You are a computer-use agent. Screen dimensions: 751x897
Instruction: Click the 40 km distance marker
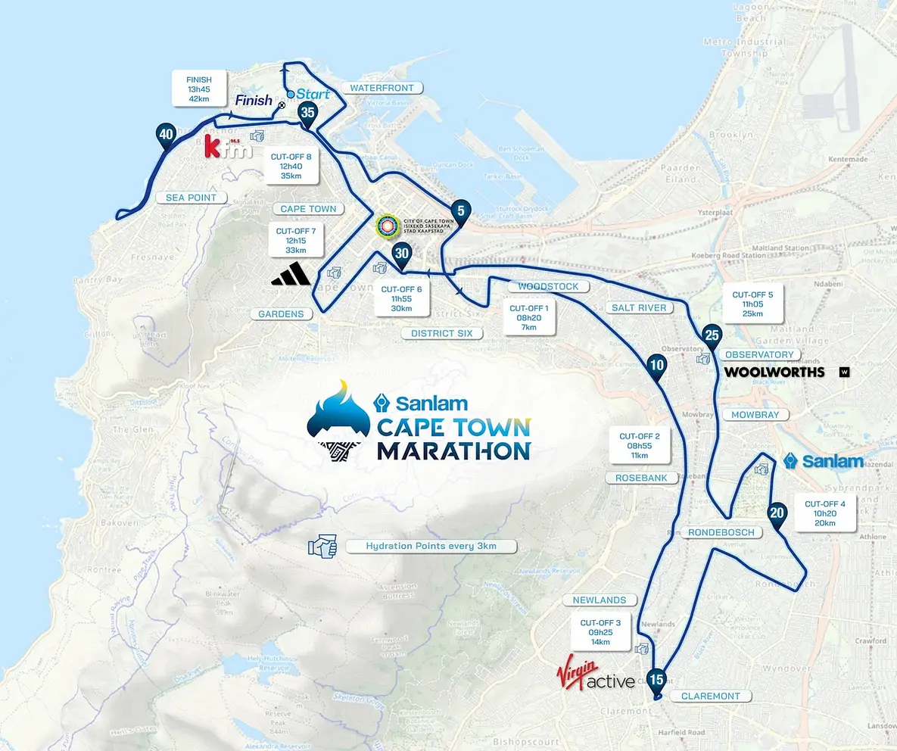(x=166, y=136)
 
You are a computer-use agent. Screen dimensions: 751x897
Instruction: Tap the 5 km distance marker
(x=459, y=211)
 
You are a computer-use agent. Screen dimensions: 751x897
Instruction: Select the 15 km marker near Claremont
(x=656, y=678)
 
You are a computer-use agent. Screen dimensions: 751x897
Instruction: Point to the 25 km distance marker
(x=711, y=335)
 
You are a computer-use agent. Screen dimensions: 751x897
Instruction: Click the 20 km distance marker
(x=776, y=512)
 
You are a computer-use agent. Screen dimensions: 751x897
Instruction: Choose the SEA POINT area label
(x=192, y=198)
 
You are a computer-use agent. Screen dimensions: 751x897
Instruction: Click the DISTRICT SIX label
(x=442, y=333)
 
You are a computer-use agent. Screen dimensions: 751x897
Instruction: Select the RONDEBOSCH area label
(x=721, y=532)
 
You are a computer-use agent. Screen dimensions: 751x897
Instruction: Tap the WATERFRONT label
(x=382, y=88)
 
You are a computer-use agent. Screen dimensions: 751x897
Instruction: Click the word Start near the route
(x=313, y=94)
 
